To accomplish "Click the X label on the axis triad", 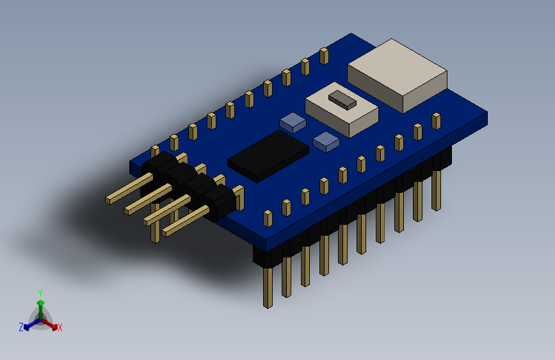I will [60, 327].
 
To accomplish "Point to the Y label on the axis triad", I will [40, 292].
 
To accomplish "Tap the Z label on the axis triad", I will [21, 327].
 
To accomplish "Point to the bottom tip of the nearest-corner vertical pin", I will [268, 305].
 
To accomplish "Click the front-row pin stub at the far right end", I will [436, 120].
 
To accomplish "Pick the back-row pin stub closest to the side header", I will [155, 151].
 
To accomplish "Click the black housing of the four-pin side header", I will [189, 183].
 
